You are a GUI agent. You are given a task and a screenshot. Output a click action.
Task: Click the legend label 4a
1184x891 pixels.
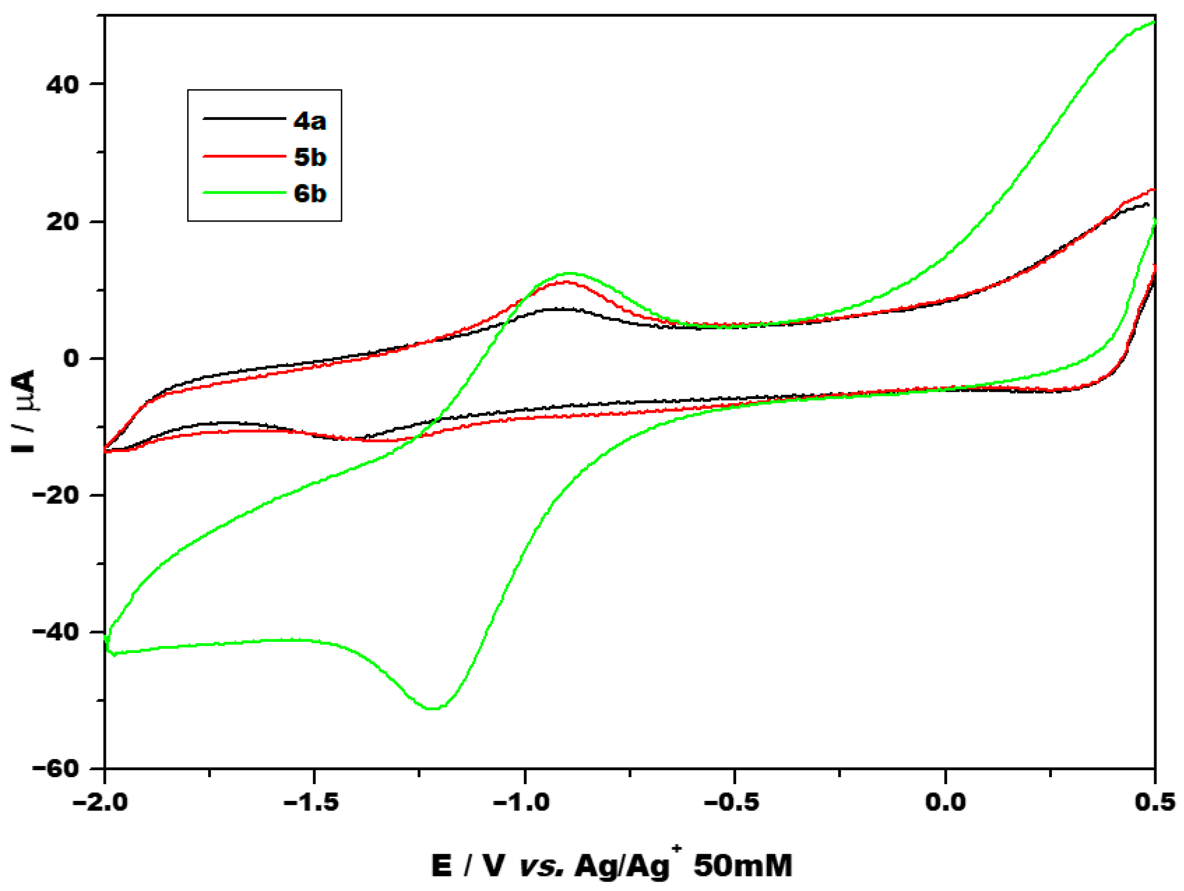(309, 121)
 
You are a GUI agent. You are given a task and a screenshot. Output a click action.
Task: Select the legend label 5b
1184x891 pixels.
(310, 157)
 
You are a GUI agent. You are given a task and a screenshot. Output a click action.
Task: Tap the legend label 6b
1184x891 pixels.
(310, 193)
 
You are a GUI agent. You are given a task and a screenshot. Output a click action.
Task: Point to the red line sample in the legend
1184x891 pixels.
(244, 156)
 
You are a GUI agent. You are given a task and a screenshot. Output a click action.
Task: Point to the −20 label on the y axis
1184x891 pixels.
(56, 495)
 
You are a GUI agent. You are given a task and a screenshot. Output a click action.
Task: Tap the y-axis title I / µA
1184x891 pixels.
(23, 411)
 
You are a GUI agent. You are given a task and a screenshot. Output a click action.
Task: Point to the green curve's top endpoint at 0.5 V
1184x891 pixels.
(1154, 22)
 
